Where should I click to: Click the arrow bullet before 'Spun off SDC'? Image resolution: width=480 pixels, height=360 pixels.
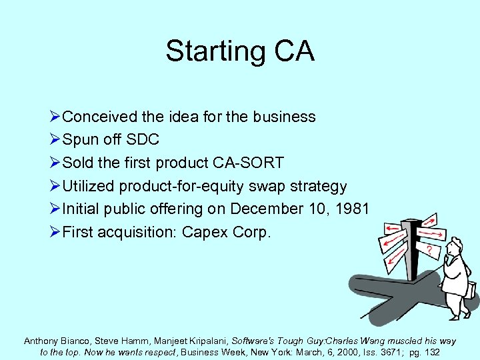54,140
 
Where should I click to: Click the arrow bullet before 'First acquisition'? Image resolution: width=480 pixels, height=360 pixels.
54,232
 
